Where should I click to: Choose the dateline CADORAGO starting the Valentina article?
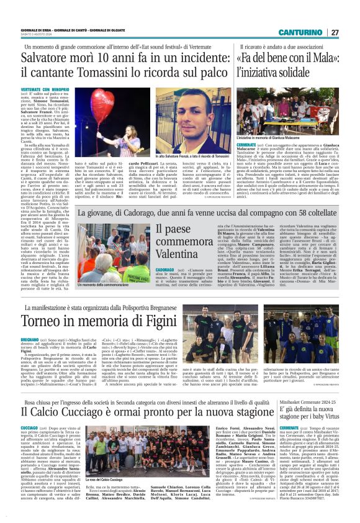(x=150, y=271)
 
